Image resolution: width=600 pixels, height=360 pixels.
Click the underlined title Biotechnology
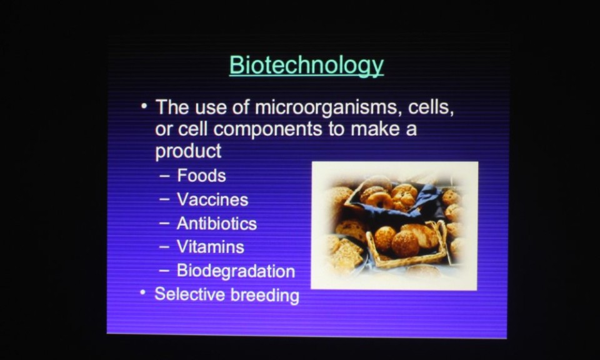[x=306, y=66]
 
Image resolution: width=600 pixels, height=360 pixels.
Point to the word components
[x=267, y=129]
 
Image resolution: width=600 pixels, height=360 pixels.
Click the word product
[x=188, y=151]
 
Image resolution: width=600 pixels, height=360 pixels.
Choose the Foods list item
[x=201, y=176]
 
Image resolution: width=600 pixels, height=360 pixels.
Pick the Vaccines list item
[x=212, y=200]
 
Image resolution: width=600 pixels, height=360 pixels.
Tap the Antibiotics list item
[x=217, y=223]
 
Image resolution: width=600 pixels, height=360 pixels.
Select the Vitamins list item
[x=211, y=247]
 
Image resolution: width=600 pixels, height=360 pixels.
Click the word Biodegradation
[x=236, y=271]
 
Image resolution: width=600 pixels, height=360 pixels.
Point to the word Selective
[x=189, y=294]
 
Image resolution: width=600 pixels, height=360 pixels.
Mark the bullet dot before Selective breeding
[x=142, y=292]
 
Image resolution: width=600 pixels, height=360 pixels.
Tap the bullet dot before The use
[x=144, y=106]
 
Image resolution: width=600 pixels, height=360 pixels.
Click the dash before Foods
[x=164, y=176]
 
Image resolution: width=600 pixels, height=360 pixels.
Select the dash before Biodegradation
[x=164, y=271]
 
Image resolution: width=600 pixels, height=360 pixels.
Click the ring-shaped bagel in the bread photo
[x=379, y=200]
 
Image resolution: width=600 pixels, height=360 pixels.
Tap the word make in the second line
[x=375, y=129]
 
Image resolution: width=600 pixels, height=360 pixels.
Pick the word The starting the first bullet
[x=172, y=107]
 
